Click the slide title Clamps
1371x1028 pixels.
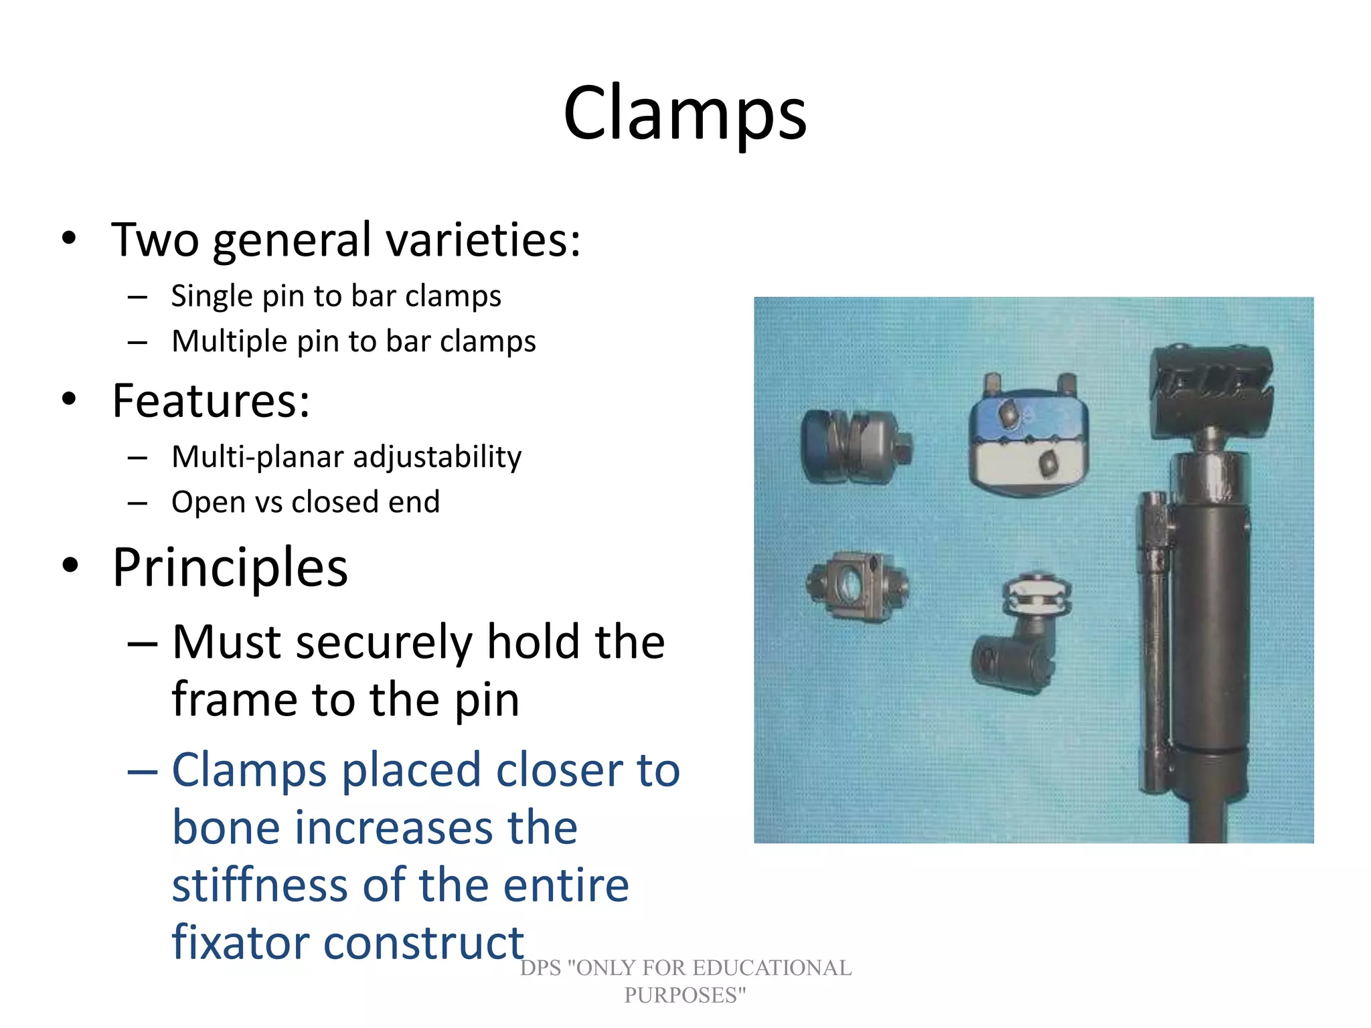coord(685,114)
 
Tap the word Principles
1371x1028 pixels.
coord(230,568)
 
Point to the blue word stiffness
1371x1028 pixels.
coord(260,885)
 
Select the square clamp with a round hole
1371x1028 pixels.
coord(857,586)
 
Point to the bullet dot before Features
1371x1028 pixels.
coord(69,400)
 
